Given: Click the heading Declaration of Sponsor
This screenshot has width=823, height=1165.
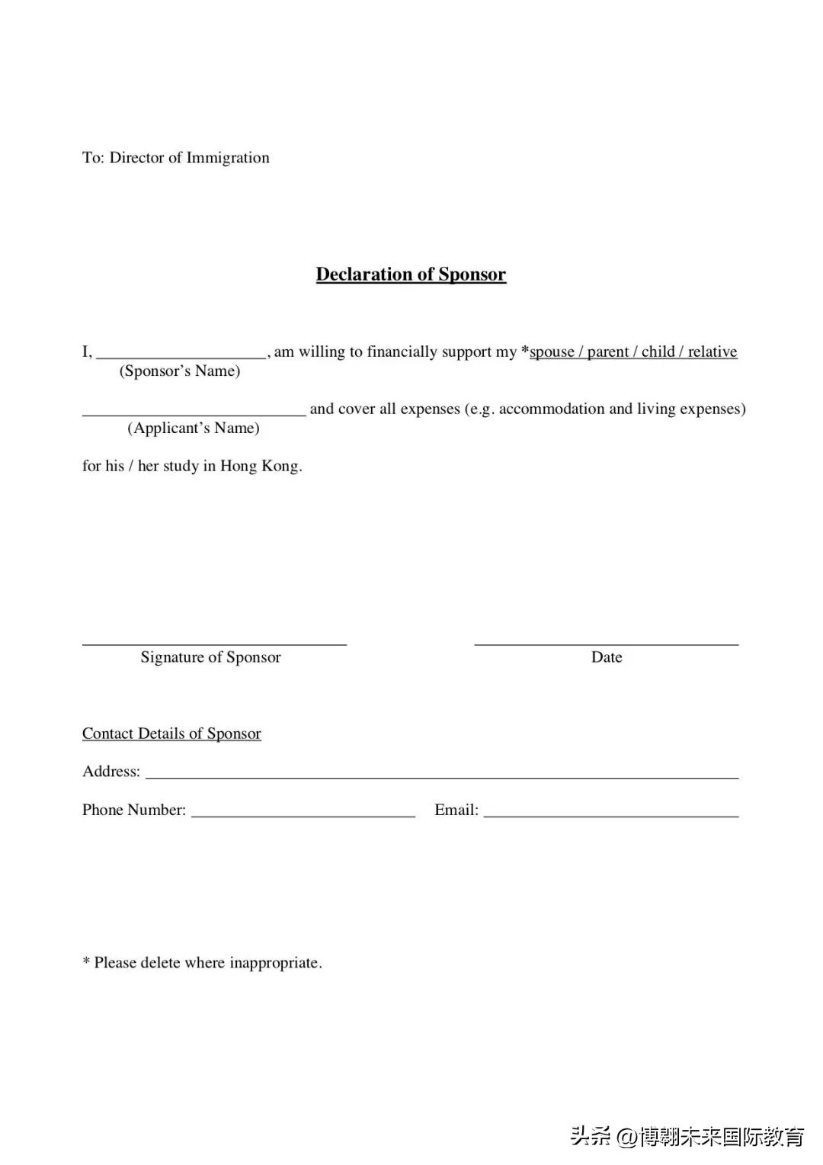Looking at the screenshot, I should click(411, 274).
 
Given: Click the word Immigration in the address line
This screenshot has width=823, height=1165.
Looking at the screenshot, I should click(228, 158).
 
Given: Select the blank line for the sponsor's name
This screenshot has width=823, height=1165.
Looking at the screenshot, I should click(181, 354).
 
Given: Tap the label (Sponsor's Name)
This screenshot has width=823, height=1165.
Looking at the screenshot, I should click(180, 371).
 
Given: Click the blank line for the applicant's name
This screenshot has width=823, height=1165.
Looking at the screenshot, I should click(194, 412).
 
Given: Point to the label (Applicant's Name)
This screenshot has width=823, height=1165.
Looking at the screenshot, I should click(194, 428).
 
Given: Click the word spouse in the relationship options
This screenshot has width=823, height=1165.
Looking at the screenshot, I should click(552, 352).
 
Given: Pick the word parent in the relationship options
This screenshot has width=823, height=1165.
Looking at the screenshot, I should click(607, 352).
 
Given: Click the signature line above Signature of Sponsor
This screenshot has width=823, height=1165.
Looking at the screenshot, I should click(214, 643).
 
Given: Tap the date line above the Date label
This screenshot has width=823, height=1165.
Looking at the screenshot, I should click(607, 643).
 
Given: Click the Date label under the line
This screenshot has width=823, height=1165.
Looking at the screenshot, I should click(607, 657).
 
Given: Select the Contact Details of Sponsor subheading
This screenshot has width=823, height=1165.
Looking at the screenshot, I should click(171, 733).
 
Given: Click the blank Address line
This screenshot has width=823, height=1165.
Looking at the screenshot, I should click(442, 776).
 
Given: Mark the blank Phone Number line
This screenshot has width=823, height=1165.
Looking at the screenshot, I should click(303, 814).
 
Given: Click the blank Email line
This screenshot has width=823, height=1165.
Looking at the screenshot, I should click(611, 814).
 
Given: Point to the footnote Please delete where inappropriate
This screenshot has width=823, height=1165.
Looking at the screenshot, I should click(203, 963).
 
